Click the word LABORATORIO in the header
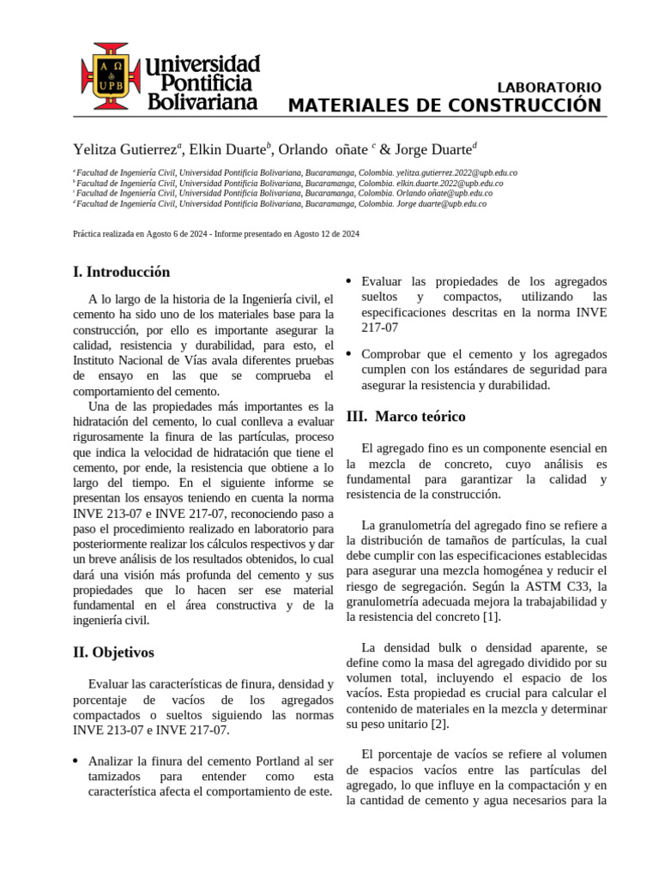[x=549, y=87]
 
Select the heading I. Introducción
[x=121, y=272]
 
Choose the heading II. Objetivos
[x=113, y=652]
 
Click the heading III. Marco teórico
[x=406, y=417]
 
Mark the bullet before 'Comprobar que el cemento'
[x=349, y=354]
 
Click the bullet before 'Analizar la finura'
[x=76, y=761]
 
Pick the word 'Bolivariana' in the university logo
[x=203, y=101]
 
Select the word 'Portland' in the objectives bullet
[x=278, y=761]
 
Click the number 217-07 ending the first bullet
[x=379, y=328]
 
